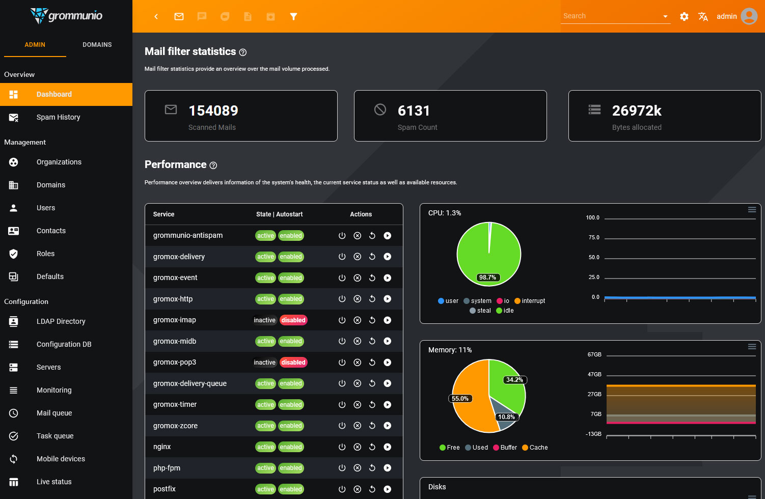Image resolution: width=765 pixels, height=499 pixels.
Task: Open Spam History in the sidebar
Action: coord(58,117)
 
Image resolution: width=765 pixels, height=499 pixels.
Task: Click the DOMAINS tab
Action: coord(97,45)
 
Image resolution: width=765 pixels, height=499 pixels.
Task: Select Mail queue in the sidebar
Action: coord(54,413)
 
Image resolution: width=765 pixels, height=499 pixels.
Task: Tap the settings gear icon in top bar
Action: coord(684,16)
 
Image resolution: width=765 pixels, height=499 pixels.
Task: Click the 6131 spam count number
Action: coord(414,110)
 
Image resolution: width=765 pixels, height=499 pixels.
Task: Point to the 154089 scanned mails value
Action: coord(213,110)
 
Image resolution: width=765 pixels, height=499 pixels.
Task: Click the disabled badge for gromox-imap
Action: coord(293,320)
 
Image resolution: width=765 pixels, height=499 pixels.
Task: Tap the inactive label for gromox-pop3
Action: coord(264,363)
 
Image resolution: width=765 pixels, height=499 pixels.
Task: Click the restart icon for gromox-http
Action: coord(372,299)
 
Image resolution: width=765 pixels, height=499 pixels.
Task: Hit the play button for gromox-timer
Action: coord(388,405)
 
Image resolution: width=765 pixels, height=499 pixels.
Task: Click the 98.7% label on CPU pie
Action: coord(487,278)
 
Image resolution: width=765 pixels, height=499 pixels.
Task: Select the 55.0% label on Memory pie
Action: coord(460,399)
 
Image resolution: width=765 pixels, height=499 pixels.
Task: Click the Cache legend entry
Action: coord(535,448)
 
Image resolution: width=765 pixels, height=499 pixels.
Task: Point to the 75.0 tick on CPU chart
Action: coord(594,238)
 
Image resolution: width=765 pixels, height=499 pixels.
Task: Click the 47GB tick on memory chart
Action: coord(594,374)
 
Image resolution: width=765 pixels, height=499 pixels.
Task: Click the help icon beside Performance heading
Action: coord(213,165)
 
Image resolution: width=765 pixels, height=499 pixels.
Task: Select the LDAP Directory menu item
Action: coord(61,321)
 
